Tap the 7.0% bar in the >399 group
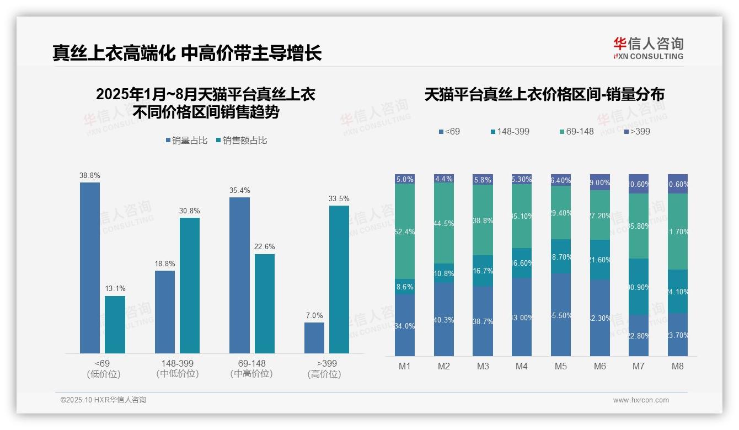click(x=314, y=337)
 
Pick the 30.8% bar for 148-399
click(x=190, y=285)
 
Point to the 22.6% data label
click(x=264, y=246)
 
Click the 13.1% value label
click(x=115, y=288)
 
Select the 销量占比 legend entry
click(x=186, y=141)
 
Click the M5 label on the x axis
click(x=560, y=366)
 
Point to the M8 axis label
click(x=678, y=366)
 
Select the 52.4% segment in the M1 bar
click(x=405, y=232)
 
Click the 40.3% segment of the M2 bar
click(x=444, y=319)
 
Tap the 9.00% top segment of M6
click(x=600, y=182)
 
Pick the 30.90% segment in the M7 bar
click(x=639, y=287)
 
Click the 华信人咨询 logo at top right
click(x=648, y=48)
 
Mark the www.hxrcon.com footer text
click(x=641, y=400)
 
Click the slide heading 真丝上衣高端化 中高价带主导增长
click(x=187, y=53)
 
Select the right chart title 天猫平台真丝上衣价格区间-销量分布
click(x=544, y=94)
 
